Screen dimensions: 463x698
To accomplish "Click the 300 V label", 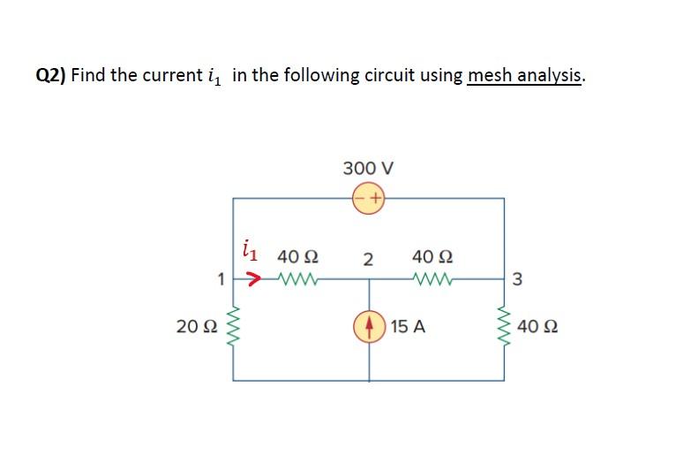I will click(x=368, y=168).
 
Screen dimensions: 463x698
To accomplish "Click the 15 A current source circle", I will click(x=369, y=326).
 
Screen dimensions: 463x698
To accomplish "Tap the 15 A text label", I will click(x=408, y=327).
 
